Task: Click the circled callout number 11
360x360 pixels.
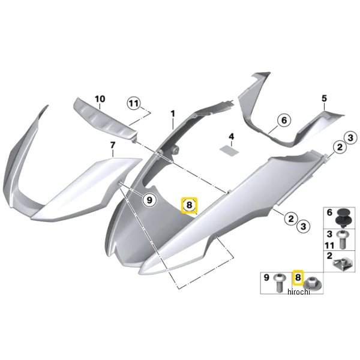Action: pos(134,104)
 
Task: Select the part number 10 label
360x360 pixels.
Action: pos(100,99)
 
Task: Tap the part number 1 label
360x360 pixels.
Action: pos(173,113)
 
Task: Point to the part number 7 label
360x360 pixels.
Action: pos(113,145)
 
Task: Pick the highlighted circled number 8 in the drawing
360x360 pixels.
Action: pos(189,205)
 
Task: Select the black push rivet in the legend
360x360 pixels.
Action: pos(343,218)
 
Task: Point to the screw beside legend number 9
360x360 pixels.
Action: pos(280,283)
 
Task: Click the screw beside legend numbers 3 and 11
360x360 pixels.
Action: pos(343,240)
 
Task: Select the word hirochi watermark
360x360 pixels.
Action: pos(299,292)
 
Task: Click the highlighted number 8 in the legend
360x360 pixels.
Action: pos(298,277)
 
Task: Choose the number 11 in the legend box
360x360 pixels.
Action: pos(329,245)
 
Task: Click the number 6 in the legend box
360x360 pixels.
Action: pos(329,212)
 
